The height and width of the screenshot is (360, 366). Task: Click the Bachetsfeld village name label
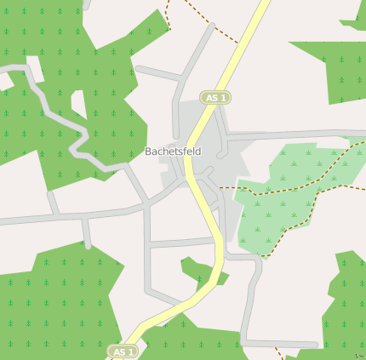click(x=173, y=151)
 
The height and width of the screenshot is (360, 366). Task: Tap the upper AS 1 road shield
click(x=216, y=98)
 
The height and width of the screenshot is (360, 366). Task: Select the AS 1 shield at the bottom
click(x=124, y=351)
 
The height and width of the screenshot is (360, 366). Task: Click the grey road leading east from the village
click(x=289, y=134)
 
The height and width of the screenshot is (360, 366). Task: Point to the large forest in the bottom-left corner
click(x=51, y=306)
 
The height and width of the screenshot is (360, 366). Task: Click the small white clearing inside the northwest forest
click(x=78, y=102)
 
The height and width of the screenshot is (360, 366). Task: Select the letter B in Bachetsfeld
click(x=148, y=151)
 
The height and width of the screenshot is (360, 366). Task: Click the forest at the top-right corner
click(x=340, y=68)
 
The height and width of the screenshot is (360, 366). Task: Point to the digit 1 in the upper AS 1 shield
click(x=224, y=98)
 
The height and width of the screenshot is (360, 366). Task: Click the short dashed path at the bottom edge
click(x=278, y=351)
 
